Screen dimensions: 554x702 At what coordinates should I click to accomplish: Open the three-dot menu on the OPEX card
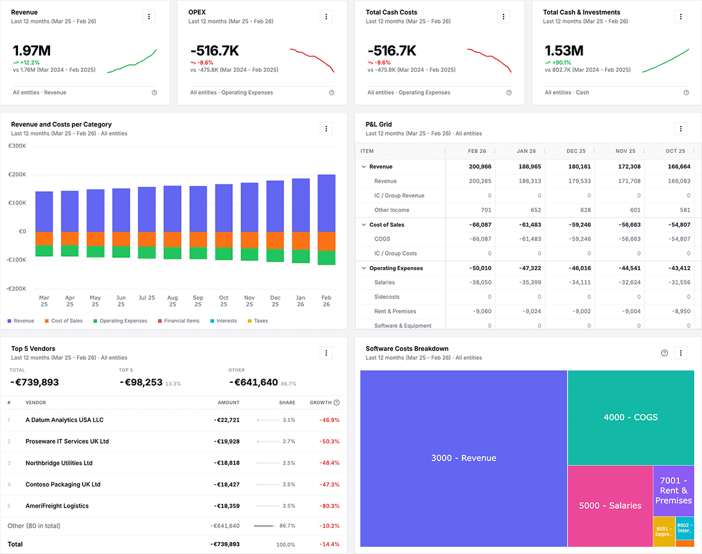(x=326, y=17)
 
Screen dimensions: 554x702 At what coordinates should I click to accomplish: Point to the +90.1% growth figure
(x=558, y=62)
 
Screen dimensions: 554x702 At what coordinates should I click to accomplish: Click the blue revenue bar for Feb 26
(x=326, y=203)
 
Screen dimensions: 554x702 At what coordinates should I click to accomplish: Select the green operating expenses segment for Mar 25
(x=44, y=251)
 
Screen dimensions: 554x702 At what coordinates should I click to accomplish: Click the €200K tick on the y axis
(x=17, y=174)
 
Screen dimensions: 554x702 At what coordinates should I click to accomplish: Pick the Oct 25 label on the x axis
(x=224, y=301)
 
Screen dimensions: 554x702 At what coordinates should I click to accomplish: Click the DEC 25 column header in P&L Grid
(x=576, y=151)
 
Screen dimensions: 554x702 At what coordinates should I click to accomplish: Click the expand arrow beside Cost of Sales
(x=364, y=225)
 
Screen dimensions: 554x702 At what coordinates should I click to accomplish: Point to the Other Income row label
(x=391, y=210)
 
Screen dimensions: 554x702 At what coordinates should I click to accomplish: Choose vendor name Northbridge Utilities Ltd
(x=58, y=463)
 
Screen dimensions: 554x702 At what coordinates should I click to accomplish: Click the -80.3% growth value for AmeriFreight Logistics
(x=329, y=506)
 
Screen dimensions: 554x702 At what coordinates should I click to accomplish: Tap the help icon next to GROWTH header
(x=337, y=403)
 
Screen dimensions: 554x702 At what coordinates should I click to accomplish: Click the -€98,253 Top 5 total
(x=141, y=382)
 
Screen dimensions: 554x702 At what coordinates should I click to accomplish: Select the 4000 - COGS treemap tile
(x=630, y=417)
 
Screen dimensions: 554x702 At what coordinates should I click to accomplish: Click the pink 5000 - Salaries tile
(x=610, y=506)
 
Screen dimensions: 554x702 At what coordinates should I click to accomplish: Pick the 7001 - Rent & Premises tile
(x=673, y=490)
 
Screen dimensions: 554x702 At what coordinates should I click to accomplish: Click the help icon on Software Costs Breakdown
(x=665, y=353)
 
